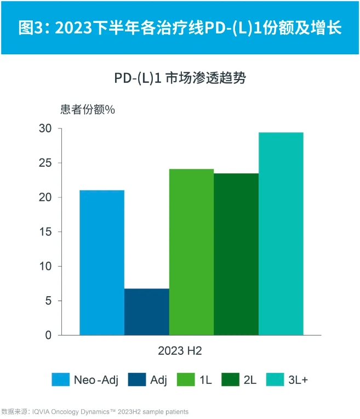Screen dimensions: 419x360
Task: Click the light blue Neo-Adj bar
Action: tap(102, 262)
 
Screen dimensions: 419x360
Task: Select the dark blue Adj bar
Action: tap(147, 312)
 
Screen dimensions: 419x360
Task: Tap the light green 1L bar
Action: tap(191, 252)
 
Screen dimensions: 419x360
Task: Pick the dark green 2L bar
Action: tap(236, 254)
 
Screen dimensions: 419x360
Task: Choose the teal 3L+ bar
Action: tap(281, 234)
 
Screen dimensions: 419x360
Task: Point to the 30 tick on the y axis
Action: tap(46, 128)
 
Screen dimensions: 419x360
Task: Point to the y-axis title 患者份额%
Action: tap(87, 109)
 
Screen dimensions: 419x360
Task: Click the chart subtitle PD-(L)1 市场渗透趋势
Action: tap(180, 78)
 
